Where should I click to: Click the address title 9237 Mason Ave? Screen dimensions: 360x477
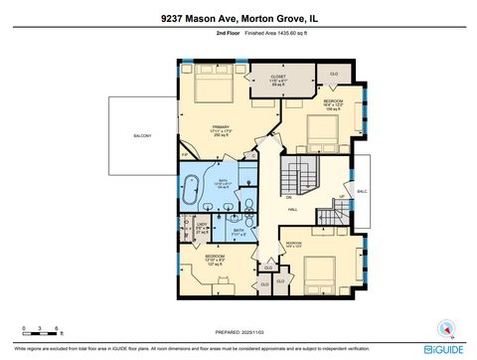(x=238, y=17)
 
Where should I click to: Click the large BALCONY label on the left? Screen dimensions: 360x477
(x=143, y=135)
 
